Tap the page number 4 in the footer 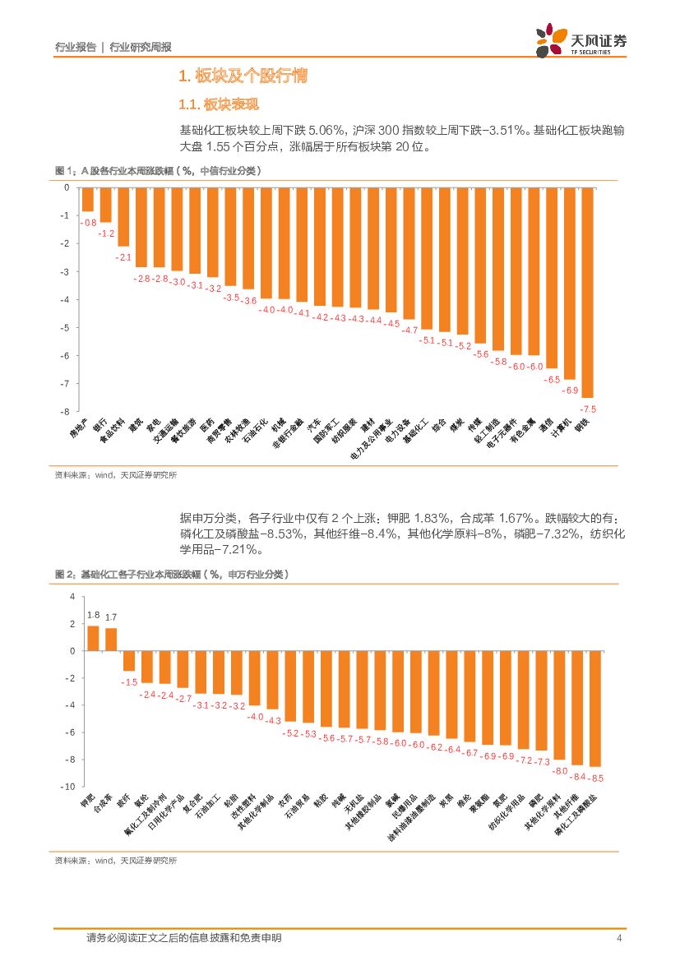click(x=618, y=938)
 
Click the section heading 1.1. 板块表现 click(x=220, y=104)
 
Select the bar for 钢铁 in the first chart click(x=587, y=293)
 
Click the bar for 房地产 click(x=87, y=200)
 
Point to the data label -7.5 click(x=588, y=409)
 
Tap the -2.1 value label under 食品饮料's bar click(x=123, y=257)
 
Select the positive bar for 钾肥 click(x=93, y=638)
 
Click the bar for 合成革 click(x=111, y=639)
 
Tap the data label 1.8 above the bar click(x=93, y=615)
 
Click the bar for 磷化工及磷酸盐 click(x=594, y=708)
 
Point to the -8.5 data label click(x=597, y=778)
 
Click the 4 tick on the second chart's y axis click(x=72, y=596)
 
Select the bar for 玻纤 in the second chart click(x=129, y=660)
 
